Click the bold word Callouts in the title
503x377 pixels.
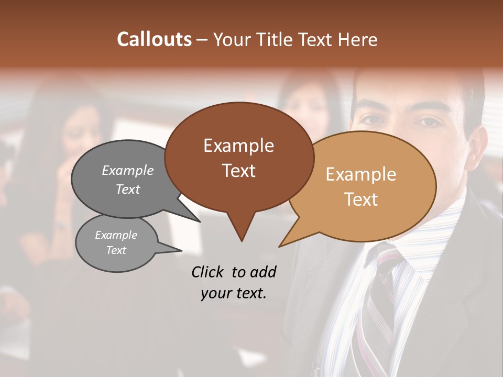pyautogui.click(x=154, y=39)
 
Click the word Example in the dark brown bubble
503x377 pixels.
pyautogui.click(x=238, y=146)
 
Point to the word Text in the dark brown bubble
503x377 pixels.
pyautogui.click(x=238, y=171)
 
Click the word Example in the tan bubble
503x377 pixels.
pyautogui.click(x=361, y=174)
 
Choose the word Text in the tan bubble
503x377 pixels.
pyautogui.click(x=362, y=199)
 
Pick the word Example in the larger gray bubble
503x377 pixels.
pyautogui.click(x=128, y=170)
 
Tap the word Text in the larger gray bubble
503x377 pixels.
pyautogui.click(x=128, y=189)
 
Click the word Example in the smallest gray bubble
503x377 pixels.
pyautogui.click(x=116, y=235)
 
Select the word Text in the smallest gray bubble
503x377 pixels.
pyautogui.click(x=116, y=250)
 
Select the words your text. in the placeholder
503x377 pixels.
pyautogui.click(x=234, y=293)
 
